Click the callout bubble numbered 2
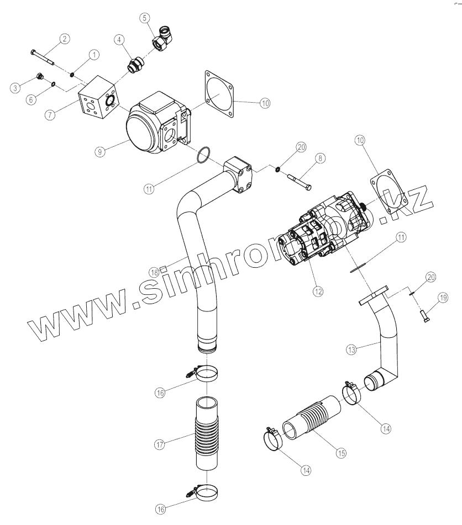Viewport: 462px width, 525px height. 65,39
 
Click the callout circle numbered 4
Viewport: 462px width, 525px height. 119,40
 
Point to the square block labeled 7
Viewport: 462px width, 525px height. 97,101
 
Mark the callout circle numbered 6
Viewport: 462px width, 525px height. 31,99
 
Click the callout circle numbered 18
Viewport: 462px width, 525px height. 154,272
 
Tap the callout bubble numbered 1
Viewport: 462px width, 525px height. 93,55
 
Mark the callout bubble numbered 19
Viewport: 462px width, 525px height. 444,298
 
